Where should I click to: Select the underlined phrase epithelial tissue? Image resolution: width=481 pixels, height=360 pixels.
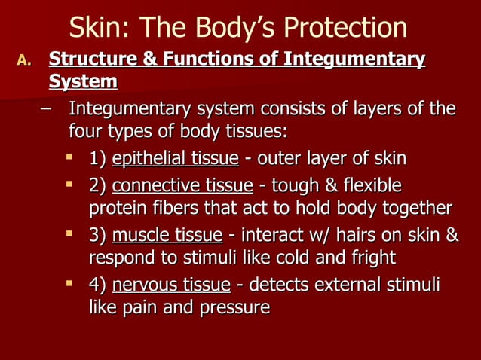(x=175, y=159)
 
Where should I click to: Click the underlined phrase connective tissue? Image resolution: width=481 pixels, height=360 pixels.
(x=182, y=185)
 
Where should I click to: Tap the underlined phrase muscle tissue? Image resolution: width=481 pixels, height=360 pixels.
(x=167, y=236)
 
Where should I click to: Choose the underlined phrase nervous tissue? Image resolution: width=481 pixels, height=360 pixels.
(x=170, y=285)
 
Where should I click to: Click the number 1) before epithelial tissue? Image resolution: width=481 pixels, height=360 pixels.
(x=97, y=159)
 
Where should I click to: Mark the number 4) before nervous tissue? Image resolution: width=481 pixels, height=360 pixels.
(x=97, y=285)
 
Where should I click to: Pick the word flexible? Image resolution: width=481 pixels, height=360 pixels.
(x=370, y=185)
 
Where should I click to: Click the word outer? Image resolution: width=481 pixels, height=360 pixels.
(x=277, y=159)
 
